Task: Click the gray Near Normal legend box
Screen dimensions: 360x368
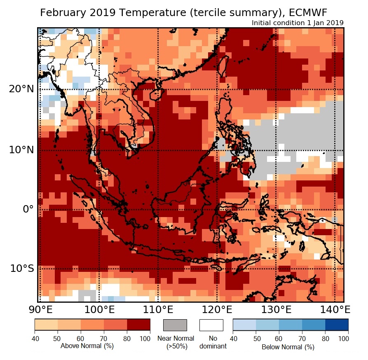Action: [x=175, y=325]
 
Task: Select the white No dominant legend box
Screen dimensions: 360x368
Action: [x=211, y=325]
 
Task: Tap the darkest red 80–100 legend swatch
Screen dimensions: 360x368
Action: [x=138, y=325]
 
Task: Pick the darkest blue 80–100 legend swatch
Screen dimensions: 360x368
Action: [x=337, y=325]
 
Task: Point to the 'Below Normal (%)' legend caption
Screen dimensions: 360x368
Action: [x=288, y=347]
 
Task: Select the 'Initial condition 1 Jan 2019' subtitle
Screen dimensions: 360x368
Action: [x=298, y=23]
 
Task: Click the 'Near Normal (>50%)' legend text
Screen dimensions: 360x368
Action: [x=176, y=342]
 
